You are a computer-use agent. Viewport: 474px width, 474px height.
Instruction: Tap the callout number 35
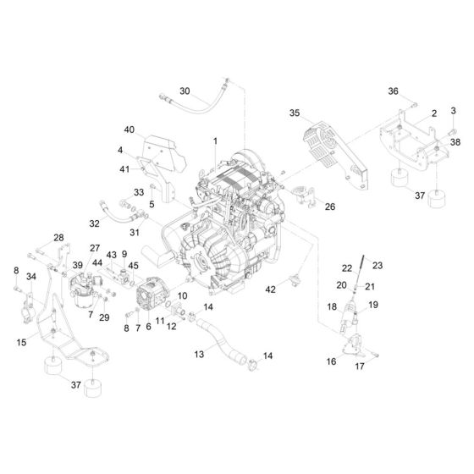click(295, 112)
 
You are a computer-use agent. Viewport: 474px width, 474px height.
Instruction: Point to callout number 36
click(393, 91)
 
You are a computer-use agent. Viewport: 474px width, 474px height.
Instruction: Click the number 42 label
click(270, 289)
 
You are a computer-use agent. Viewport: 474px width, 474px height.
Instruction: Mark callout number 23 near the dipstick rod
click(378, 265)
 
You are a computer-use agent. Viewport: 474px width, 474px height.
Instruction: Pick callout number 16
click(331, 361)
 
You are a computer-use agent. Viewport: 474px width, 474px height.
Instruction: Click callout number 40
click(130, 130)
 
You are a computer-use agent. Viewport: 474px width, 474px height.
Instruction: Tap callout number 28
click(58, 237)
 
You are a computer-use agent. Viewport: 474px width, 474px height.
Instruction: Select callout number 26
click(330, 206)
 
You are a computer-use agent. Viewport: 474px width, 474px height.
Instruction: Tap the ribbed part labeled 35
click(320, 146)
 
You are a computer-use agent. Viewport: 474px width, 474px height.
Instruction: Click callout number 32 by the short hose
click(95, 223)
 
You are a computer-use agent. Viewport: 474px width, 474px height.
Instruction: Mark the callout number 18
click(332, 306)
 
